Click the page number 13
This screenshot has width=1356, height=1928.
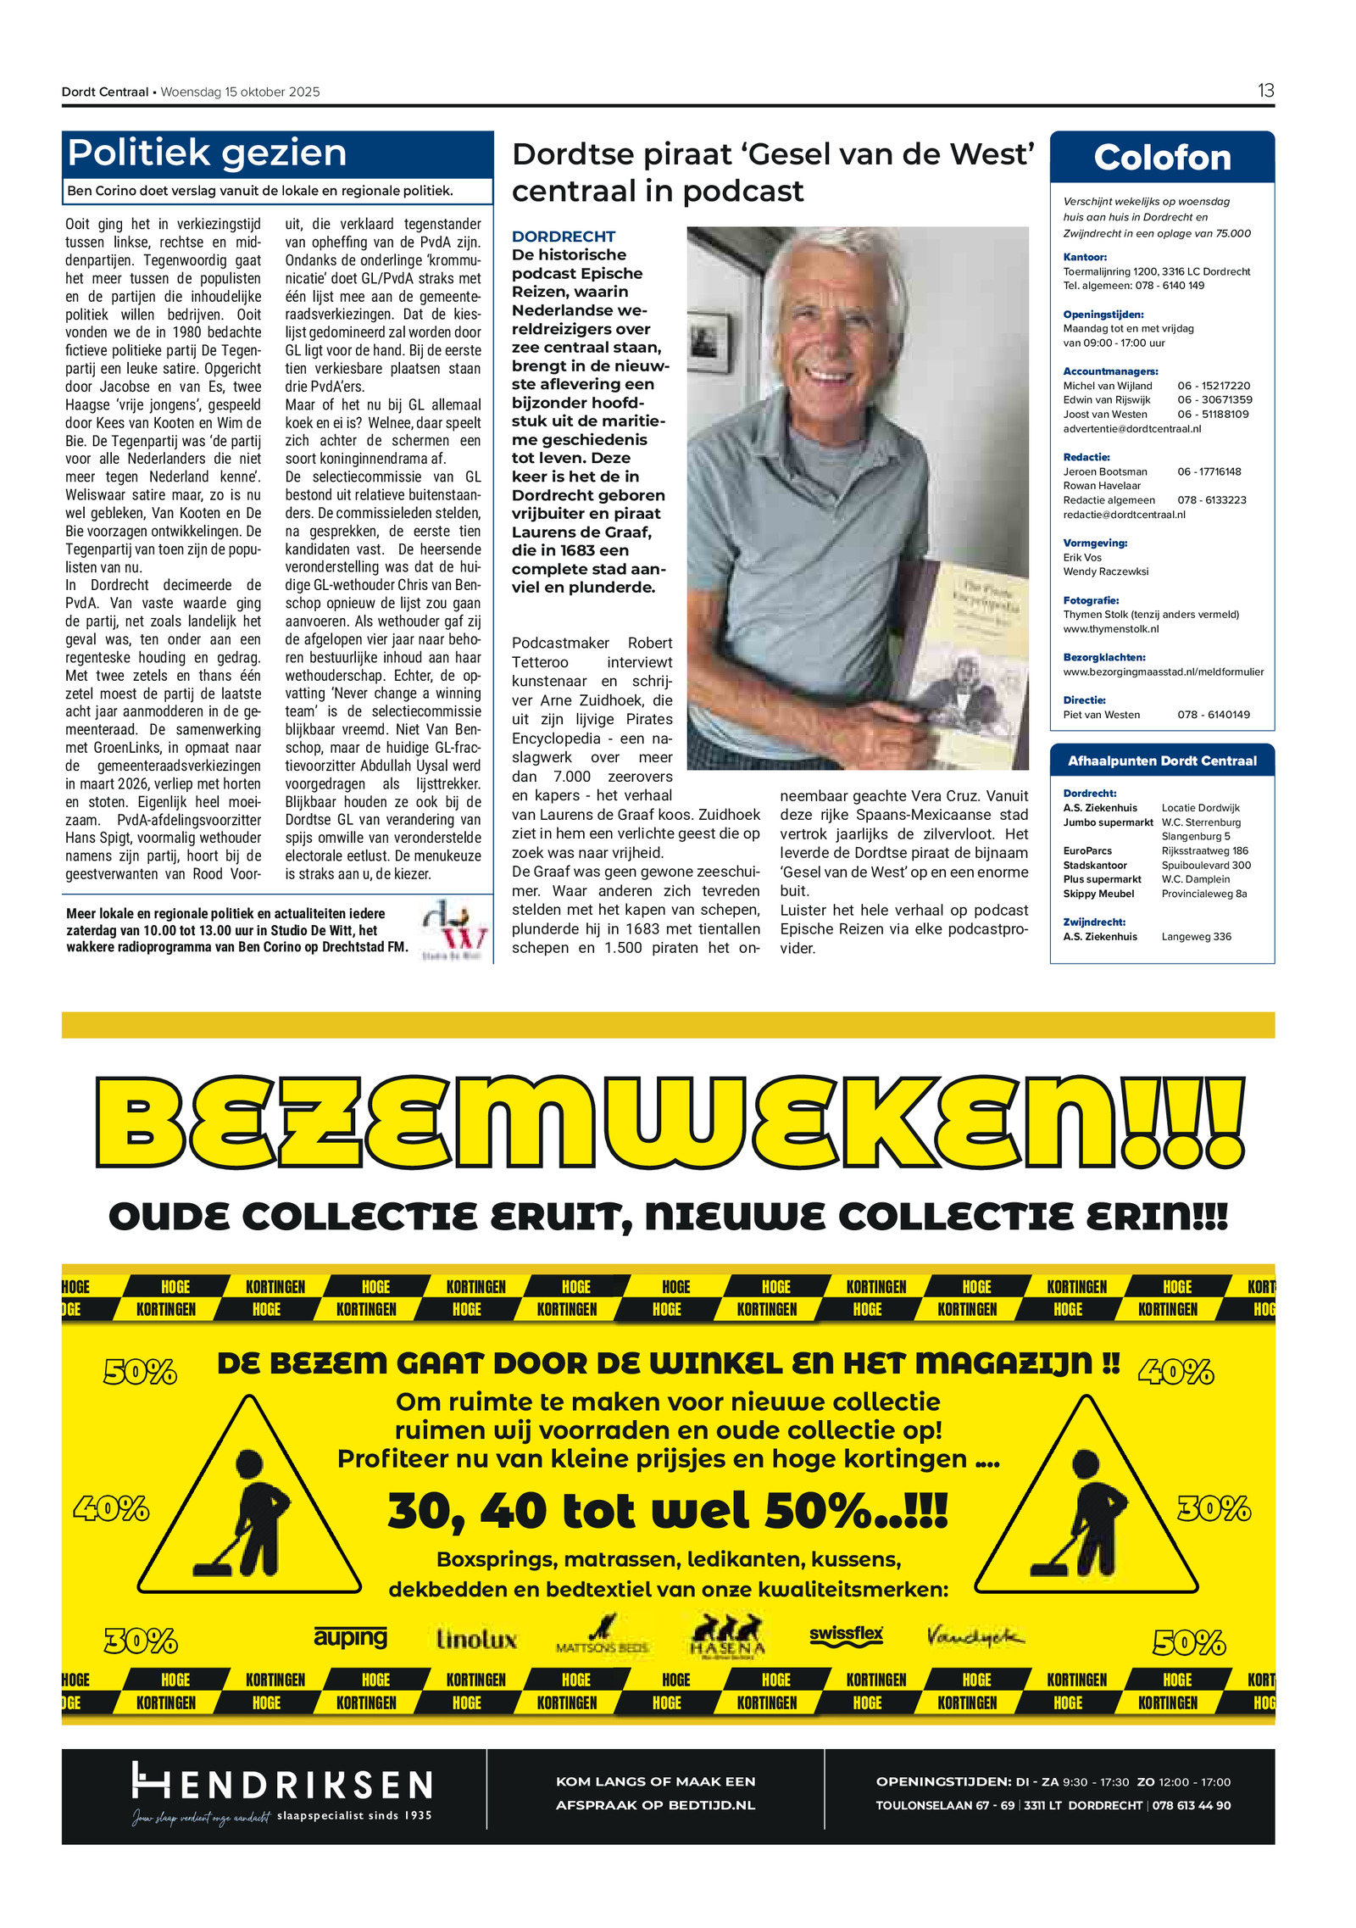pyautogui.click(x=1264, y=91)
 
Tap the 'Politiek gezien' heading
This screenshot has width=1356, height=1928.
pyautogui.click(x=207, y=153)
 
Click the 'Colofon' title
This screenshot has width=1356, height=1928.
pyautogui.click(x=1161, y=158)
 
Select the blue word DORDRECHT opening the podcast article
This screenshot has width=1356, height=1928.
pyautogui.click(x=563, y=237)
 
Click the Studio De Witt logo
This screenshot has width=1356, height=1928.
pyautogui.click(x=455, y=929)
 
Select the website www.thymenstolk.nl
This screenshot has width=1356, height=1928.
pyautogui.click(x=1110, y=629)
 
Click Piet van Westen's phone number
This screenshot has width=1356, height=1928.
pyautogui.click(x=1213, y=715)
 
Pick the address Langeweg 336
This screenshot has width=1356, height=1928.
pyautogui.click(x=1196, y=937)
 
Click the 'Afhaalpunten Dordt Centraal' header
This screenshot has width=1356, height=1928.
pyautogui.click(x=1161, y=761)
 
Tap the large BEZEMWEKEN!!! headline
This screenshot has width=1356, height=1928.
pyautogui.click(x=670, y=1121)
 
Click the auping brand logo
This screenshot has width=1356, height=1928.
pyautogui.click(x=350, y=1635)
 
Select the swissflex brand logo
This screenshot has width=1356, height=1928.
pyautogui.click(x=846, y=1635)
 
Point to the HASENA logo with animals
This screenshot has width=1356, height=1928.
pyautogui.click(x=727, y=1635)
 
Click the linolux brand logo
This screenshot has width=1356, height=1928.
pyautogui.click(x=476, y=1639)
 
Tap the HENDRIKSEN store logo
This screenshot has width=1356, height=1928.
pyautogui.click(x=282, y=1785)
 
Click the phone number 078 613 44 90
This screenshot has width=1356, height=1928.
pyautogui.click(x=1191, y=1805)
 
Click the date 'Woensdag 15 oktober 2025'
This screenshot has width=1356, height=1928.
pyautogui.click(x=240, y=92)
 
